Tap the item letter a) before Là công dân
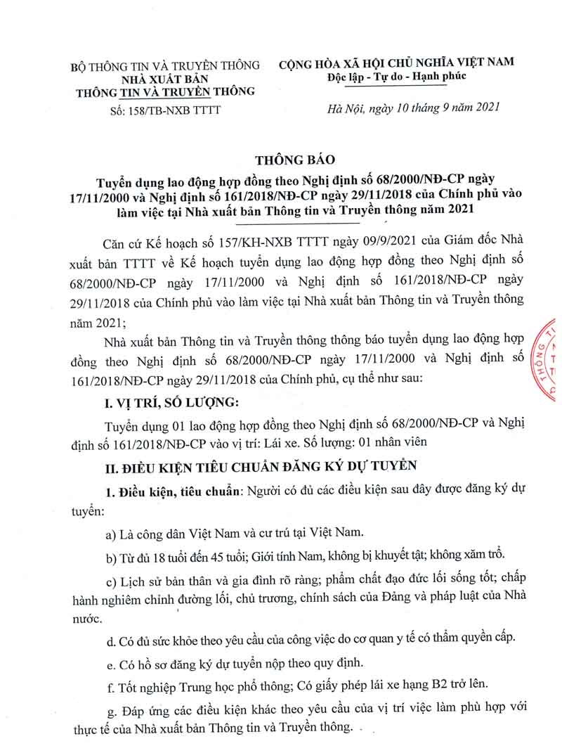coord(110,533)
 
